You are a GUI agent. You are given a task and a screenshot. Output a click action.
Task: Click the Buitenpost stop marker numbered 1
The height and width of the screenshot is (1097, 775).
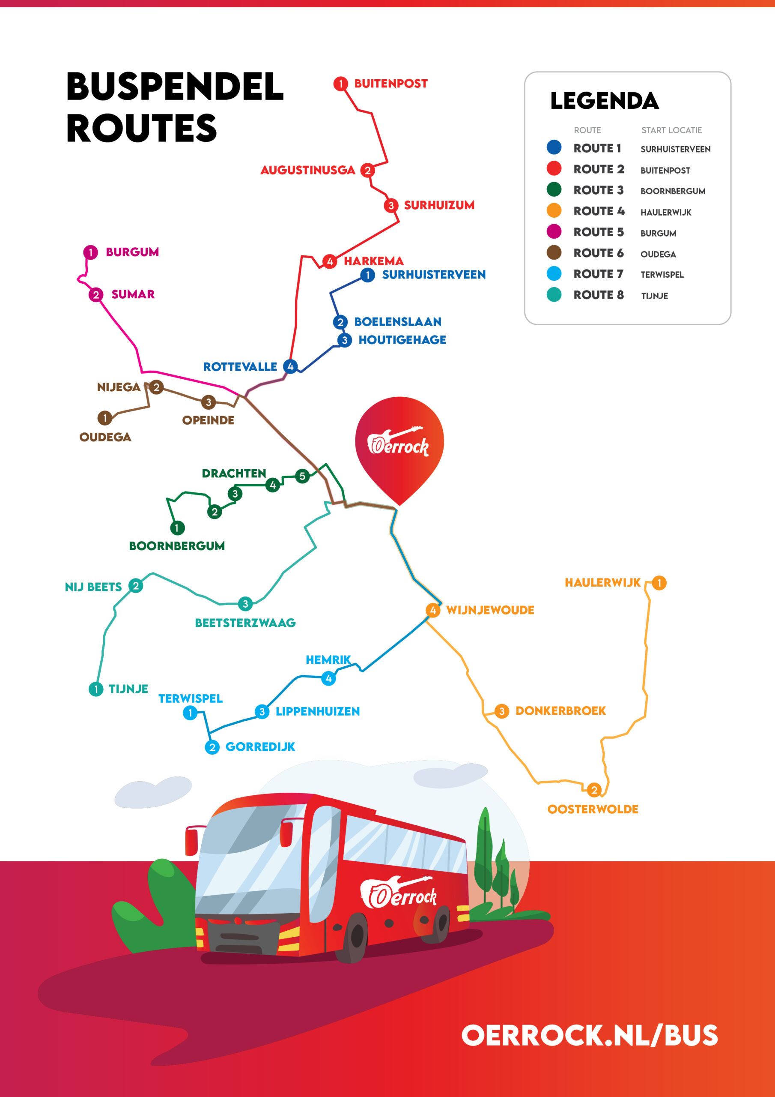340,84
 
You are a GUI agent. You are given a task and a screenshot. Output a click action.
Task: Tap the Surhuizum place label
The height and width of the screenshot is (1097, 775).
439,205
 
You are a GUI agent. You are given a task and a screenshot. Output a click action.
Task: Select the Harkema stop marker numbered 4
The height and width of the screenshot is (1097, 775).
330,261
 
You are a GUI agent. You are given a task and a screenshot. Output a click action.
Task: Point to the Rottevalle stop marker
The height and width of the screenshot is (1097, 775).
290,366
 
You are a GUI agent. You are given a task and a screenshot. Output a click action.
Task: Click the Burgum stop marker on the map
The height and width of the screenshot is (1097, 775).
90,252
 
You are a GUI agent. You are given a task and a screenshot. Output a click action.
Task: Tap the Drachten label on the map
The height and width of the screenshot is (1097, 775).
233,474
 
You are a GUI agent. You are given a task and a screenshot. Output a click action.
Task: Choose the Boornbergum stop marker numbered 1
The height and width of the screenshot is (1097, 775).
177,528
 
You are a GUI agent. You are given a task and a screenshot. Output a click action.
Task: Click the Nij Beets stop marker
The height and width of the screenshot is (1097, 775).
136,586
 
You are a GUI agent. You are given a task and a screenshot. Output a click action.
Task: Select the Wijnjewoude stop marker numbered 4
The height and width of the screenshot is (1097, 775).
432,610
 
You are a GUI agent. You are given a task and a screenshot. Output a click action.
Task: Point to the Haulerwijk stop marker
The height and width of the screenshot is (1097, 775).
659,583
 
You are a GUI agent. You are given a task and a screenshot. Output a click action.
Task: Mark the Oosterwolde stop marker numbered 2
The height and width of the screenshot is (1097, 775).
593,790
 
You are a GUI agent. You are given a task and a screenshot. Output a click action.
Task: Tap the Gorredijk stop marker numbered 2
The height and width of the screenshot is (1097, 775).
212,747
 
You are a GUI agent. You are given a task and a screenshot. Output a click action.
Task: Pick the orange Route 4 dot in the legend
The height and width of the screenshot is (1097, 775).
554,211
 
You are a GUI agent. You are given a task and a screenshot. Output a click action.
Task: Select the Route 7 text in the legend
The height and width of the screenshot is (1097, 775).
598,274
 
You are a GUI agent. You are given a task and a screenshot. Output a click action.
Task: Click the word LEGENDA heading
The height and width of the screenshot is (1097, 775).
604,101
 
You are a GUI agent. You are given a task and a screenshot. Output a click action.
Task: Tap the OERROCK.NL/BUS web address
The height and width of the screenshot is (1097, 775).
589,1035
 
